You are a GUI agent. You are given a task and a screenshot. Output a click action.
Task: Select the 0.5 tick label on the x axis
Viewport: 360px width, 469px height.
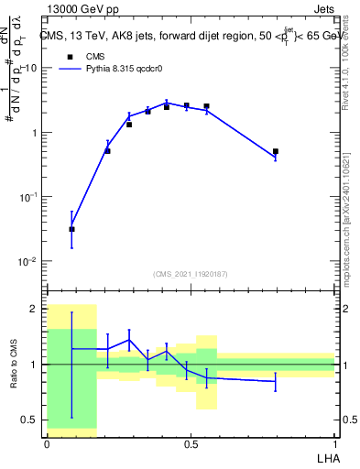pyautogui.click(x=190, y=442)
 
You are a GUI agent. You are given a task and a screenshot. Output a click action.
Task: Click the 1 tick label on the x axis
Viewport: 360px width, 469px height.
pyautogui.click(x=334, y=442)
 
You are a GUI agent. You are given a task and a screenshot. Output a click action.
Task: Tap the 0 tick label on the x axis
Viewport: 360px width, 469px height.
pyautogui.click(x=47, y=442)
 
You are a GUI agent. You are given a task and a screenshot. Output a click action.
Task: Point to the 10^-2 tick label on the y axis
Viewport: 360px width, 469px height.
pyautogui.click(x=27, y=261)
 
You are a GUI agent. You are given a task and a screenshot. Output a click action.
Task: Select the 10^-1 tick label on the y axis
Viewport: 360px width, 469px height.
pyautogui.click(x=27, y=197)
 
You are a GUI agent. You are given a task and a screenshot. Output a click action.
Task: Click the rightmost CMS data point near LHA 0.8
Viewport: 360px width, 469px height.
pyautogui.click(x=275, y=152)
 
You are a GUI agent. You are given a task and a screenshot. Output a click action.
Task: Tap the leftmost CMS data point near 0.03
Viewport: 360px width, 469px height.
pyautogui.click(x=72, y=229)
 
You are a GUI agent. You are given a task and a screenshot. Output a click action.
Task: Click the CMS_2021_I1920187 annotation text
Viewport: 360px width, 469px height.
pyautogui.click(x=191, y=273)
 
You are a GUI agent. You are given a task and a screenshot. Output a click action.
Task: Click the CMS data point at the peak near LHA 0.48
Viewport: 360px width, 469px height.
pyautogui.click(x=186, y=105)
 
